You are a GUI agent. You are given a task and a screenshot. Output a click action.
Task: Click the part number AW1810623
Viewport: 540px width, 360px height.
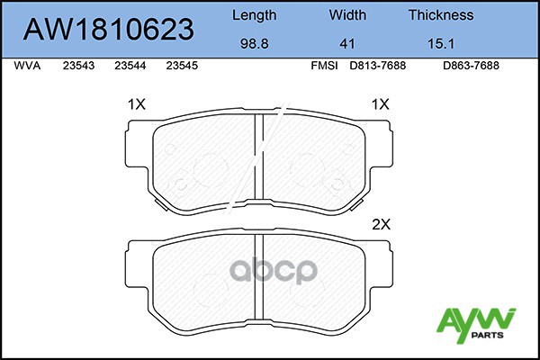click(109, 30)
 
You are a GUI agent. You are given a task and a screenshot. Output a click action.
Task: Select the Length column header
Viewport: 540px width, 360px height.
click(254, 15)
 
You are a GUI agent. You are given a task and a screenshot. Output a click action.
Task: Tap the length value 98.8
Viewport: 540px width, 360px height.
click(254, 44)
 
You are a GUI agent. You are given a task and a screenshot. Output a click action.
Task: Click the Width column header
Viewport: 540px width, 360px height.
click(347, 14)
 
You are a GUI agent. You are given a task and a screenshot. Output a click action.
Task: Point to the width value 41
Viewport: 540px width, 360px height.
click(347, 44)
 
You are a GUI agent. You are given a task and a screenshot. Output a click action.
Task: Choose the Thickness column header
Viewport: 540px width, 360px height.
click(441, 14)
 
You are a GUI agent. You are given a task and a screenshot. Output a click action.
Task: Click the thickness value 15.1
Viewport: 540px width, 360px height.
click(441, 44)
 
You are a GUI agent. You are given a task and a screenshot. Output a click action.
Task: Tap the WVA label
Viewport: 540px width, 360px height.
click(27, 66)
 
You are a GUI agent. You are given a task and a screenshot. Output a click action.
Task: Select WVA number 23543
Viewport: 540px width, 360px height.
click(78, 66)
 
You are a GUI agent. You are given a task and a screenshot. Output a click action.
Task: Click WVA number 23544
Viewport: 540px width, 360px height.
click(130, 66)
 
